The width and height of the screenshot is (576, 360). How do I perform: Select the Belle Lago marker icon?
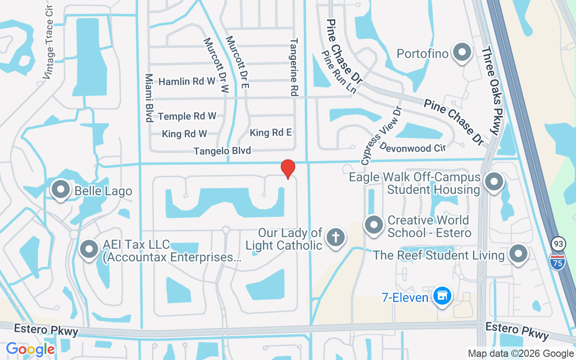(61, 189)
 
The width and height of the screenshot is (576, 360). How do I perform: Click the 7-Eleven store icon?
(442, 296)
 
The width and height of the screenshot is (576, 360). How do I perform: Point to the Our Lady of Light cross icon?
(335, 237)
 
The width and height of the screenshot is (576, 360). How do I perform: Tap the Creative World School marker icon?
(373, 225)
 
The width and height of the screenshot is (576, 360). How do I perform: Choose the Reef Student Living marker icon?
(518, 254)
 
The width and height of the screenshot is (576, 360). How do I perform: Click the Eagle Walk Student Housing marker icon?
(494, 182)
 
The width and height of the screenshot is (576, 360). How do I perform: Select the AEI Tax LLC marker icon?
(89, 249)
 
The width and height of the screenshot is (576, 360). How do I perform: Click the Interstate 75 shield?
(557, 261)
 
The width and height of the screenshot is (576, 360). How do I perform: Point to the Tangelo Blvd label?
(222, 151)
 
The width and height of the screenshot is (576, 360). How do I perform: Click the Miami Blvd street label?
(149, 98)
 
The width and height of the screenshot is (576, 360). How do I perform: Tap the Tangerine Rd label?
(294, 67)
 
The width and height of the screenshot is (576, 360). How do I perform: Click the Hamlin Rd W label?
(187, 81)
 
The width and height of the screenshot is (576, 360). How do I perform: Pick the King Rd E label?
(271, 132)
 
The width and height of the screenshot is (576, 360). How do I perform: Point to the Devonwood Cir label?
(412, 147)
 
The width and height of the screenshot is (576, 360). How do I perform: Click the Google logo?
(30, 349)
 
